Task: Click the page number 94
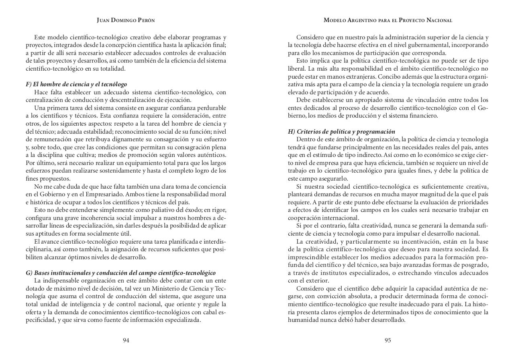(x=126, y=340)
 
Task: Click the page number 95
(x=388, y=340)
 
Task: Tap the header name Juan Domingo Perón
(x=126, y=20)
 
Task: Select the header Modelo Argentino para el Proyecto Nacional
(x=388, y=20)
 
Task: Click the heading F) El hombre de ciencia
(x=76, y=84)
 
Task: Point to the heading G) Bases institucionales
(x=120, y=273)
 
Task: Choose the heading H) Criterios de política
(x=341, y=132)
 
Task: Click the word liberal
(x=297, y=69)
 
